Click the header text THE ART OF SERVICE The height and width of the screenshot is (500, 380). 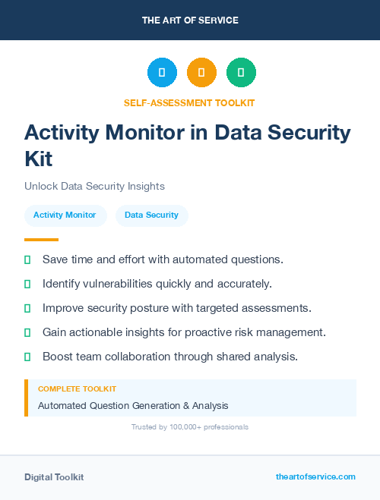190,20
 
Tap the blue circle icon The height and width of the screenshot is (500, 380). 162,73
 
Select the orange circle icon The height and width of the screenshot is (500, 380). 201,73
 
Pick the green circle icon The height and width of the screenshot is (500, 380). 241,73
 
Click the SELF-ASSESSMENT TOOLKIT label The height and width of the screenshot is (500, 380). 190,102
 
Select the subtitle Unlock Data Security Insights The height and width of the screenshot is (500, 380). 94,186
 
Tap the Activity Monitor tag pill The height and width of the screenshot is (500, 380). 65,215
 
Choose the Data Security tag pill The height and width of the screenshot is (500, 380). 151,215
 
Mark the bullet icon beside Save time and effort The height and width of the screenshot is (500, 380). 27,259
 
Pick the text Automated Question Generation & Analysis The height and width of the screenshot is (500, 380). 133,405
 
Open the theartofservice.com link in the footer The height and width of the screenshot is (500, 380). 315,476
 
